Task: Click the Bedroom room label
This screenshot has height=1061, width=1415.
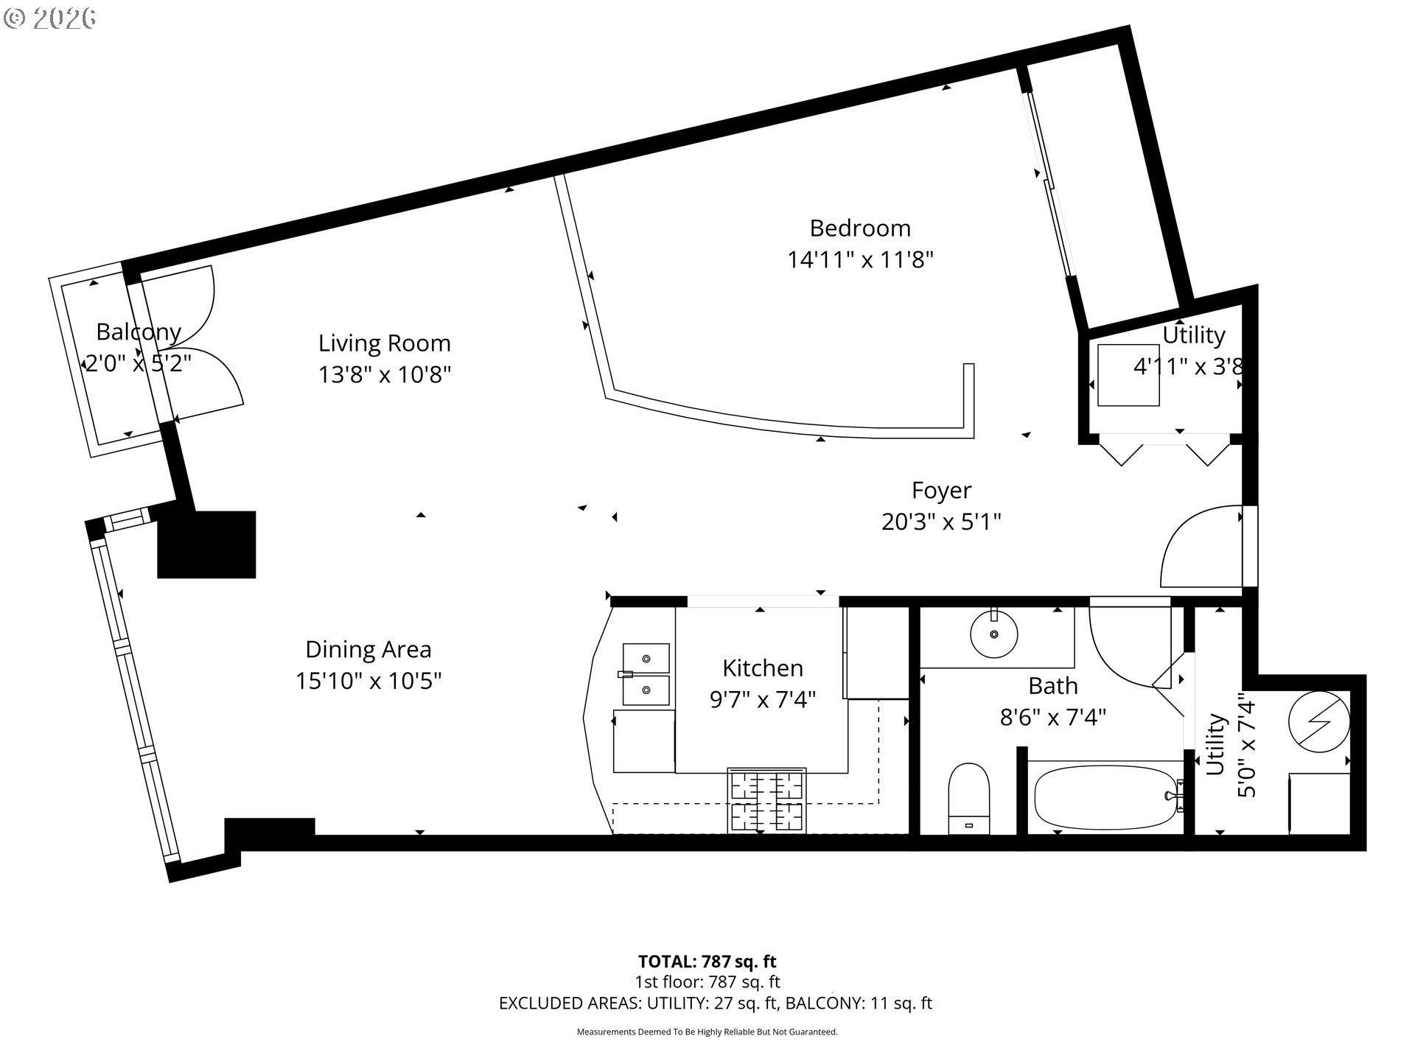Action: pos(860,228)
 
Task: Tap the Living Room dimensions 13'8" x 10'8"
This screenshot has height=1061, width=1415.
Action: pos(384,375)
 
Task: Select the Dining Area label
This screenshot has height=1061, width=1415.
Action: pos(368,650)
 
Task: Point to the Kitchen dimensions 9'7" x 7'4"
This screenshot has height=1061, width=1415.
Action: pos(762,699)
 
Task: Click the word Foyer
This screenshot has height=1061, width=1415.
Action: pos(941,491)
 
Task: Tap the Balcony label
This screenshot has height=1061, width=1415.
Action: pos(139,332)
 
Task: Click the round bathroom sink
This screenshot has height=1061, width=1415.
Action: pos(994,633)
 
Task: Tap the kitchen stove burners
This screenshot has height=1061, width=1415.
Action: pos(766,801)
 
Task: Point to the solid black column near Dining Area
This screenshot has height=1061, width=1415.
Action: pos(206,544)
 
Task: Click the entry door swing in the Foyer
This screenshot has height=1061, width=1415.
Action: pos(1201,546)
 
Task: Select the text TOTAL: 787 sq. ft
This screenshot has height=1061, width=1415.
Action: pos(707,962)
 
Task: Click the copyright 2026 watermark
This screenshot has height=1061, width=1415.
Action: pos(49,18)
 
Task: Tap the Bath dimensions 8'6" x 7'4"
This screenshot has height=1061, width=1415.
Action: pos(1053,717)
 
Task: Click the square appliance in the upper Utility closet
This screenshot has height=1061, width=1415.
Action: pos(1128,375)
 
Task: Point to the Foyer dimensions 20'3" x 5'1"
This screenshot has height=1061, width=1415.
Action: pos(941,522)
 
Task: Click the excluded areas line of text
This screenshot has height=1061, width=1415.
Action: pos(716,1003)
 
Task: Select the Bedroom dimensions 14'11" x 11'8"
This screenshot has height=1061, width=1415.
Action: pos(861,260)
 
